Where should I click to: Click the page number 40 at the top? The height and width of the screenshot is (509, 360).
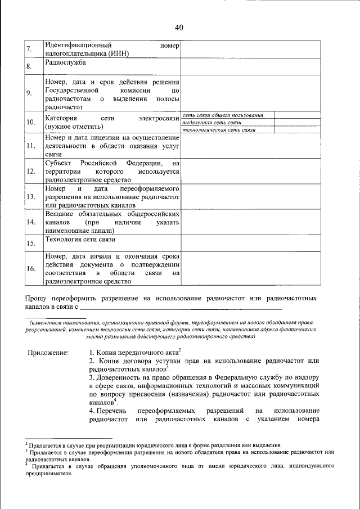pos(179,28)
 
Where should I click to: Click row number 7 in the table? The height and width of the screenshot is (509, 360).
pos(28,50)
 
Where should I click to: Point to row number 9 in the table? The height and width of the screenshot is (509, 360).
pos(28,93)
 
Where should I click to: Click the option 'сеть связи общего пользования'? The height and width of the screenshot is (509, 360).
pos(223,115)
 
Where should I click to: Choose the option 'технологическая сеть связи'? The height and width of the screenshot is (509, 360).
pos(219,129)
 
